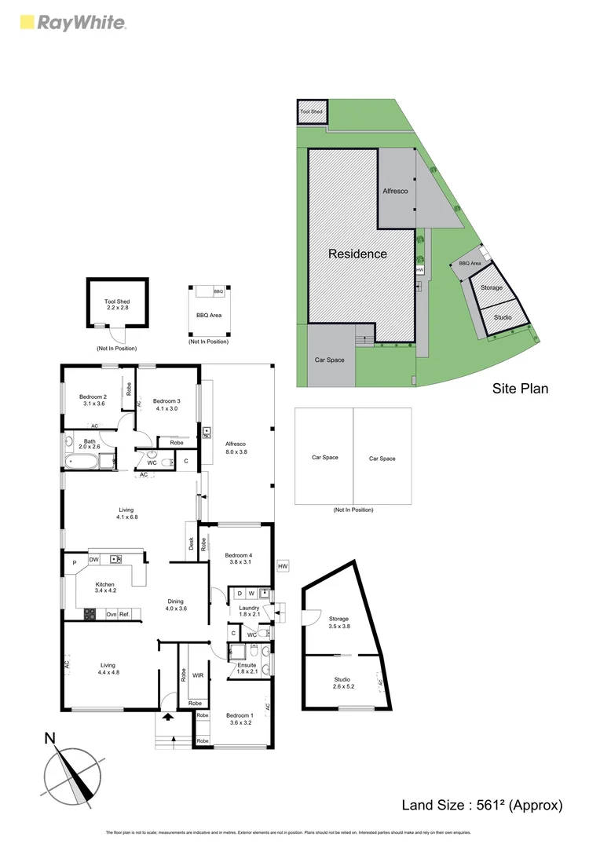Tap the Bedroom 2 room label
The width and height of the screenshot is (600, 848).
pos(93,397)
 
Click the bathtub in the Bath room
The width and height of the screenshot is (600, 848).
pos(82,461)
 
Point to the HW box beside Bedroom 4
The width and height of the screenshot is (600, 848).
pos(283,566)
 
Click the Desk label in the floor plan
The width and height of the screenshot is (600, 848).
pos(191,542)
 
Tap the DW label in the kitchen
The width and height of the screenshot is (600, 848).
pos(93,559)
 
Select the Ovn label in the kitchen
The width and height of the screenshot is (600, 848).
pos(112,614)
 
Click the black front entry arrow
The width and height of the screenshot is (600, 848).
pos(166,716)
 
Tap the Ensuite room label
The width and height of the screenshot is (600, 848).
pos(247,664)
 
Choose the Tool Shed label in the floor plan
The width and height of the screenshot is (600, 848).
pos(117,302)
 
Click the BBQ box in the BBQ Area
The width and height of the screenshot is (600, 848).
pos(218,291)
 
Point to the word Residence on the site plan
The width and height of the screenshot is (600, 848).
pos(357,254)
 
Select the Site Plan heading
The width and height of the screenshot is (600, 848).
pos(520,388)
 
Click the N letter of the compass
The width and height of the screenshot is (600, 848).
pos(49,738)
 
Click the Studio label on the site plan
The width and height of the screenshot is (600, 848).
pos(503,317)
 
